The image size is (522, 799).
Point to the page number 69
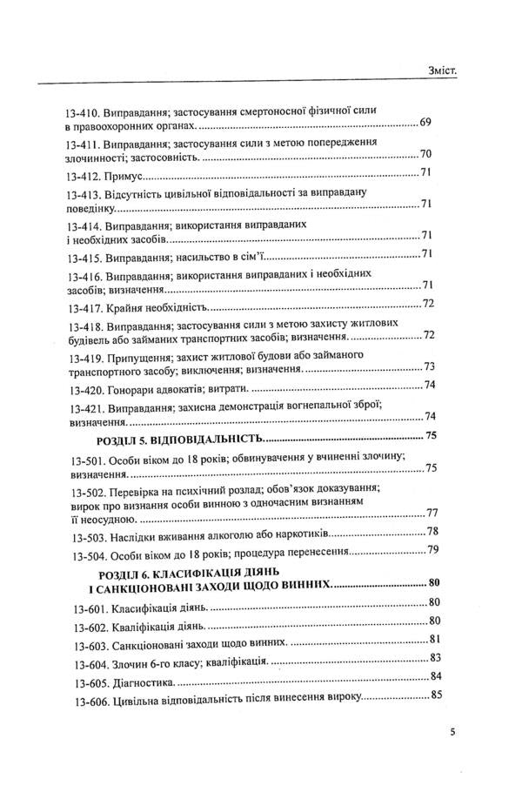[x=425, y=122]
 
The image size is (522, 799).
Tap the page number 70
[x=426, y=154]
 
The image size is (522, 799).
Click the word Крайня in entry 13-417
[x=125, y=306]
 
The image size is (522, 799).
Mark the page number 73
[x=428, y=366]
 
